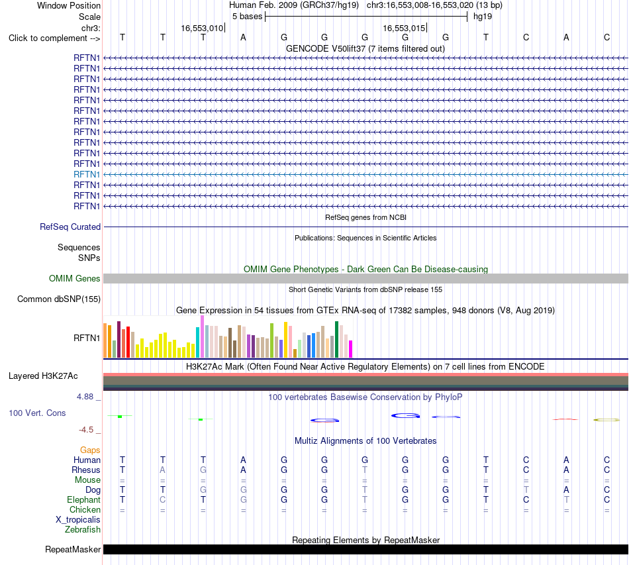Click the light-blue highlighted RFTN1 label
click(87, 175)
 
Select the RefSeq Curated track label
click(70, 227)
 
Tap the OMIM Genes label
click(75, 278)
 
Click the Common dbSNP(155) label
click(59, 299)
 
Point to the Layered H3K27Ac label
click(43, 376)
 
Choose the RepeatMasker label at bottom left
click(73, 549)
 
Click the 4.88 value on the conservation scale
click(85, 397)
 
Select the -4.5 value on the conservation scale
click(86, 430)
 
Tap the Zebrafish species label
click(83, 530)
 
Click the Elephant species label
click(84, 499)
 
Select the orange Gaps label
click(90, 450)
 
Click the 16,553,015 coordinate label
click(404, 28)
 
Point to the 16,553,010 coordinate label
click(202, 28)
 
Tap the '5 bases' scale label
click(247, 17)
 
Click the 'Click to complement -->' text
click(54, 38)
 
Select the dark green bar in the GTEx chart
click(336, 340)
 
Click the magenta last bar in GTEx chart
click(351, 349)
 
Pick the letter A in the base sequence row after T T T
click(243, 38)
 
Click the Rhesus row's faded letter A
click(162, 470)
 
